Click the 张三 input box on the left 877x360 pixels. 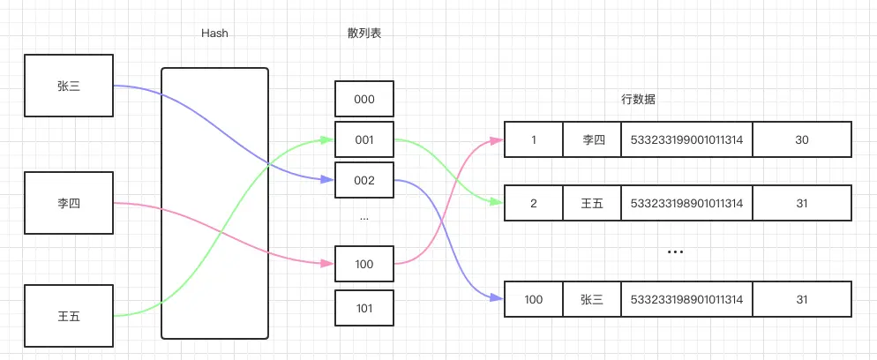(x=68, y=86)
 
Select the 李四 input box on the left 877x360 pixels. (x=68, y=203)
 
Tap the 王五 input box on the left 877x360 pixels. (x=68, y=316)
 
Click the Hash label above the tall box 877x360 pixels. (x=214, y=34)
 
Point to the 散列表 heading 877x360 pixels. (x=364, y=34)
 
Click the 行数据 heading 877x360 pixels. (x=638, y=100)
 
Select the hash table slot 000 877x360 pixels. (x=364, y=100)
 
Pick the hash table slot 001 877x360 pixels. (x=364, y=140)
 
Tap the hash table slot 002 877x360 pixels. (x=364, y=181)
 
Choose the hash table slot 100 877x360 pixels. (x=364, y=264)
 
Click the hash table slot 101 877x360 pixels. (x=364, y=308)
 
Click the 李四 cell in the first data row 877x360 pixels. (x=592, y=140)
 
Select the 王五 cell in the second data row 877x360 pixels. (x=592, y=204)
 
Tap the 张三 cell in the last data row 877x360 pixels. (x=592, y=300)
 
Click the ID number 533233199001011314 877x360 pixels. (x=686, y=140)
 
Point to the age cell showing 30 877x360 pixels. (x=801, y=140)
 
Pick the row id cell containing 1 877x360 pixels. (x=533, y=140)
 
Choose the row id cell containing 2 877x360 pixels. (x=533, y=204)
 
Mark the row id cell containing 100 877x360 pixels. (x=533, y=300)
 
